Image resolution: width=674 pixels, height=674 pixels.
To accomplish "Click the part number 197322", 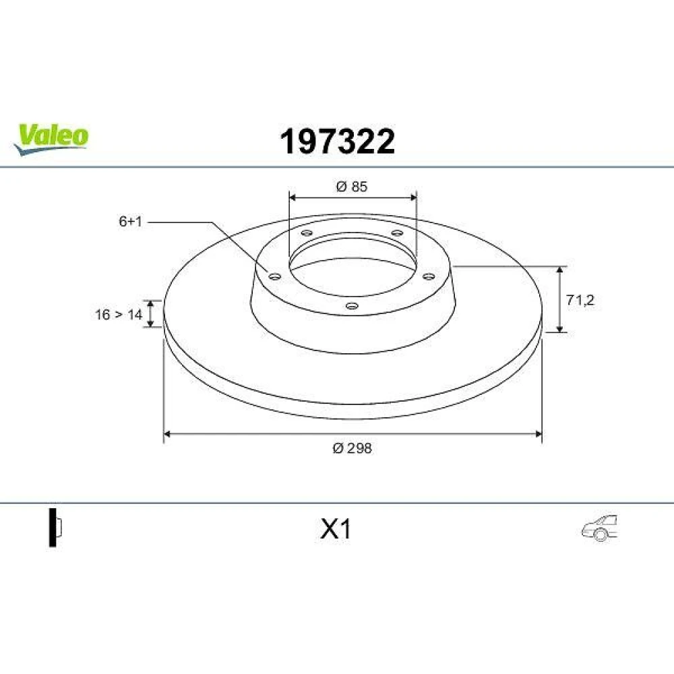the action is (x=337, y=142).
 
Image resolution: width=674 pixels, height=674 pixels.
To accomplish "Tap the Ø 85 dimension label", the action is (x=352, y=187).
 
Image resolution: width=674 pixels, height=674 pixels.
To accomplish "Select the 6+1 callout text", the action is (x=130, y=222).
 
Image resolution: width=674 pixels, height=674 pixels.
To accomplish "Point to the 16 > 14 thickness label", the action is (x=118, y=315).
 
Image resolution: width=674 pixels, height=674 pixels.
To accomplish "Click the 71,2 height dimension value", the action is (x=580, y=300).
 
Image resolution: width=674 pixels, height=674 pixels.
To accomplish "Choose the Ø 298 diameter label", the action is (x=352, y=448).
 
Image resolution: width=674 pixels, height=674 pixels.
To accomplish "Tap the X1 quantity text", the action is (x=335, y=529).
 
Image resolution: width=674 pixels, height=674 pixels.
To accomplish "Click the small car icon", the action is (x=599, y=528).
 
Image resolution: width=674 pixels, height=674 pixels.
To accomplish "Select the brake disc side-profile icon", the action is (x=55, y=528).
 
